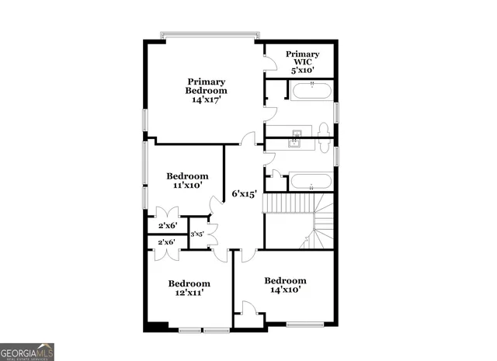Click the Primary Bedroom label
(x=206, y=86)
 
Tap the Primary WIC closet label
(x=302, y=58)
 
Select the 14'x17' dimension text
(x=206, y=100)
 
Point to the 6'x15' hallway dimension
(x=245, y=194)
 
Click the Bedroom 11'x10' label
(x=188, y=180)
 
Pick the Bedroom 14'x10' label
(x=285, y=285)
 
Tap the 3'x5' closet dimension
(x=197, y=234)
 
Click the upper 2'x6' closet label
(x=168, y=225)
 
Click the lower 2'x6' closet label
(x=167, y=242)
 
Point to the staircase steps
(x=289, y=204)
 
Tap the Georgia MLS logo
(x=27, y=352)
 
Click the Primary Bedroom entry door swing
(x=248, y=139)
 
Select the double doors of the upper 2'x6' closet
(x=168, y=213)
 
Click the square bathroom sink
(x=296, y=141)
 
